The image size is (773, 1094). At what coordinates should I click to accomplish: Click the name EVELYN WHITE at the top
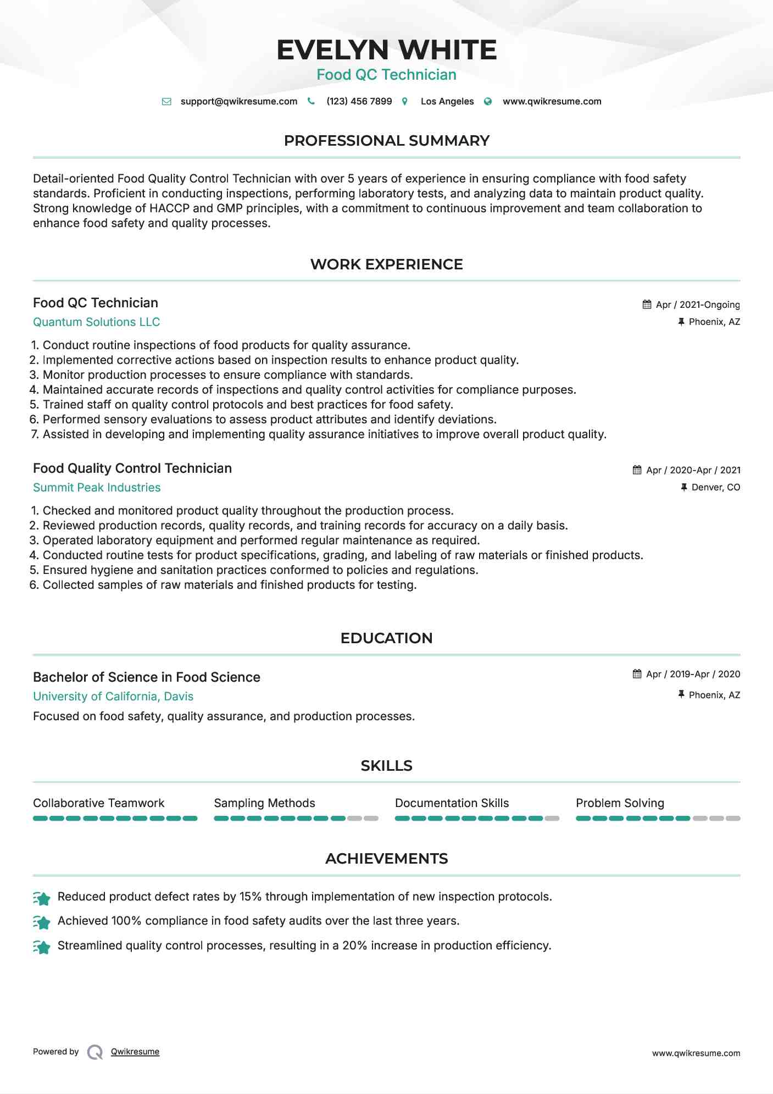click(x=386, y=50)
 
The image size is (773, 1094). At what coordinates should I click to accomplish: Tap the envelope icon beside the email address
click(x=166, y=102)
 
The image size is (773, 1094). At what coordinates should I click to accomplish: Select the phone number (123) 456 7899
click(x=359, y=102)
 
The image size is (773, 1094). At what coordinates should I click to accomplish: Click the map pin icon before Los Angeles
click(x=405, y=102)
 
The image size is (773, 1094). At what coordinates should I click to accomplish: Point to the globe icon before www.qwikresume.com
click(x=488, y=102)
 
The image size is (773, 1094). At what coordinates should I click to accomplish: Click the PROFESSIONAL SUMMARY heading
click(x=386, y=141)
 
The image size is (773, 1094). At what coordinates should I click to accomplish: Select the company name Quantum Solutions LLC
click(x=97, y=322)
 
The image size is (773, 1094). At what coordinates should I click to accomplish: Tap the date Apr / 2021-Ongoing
click(x=698, y=305)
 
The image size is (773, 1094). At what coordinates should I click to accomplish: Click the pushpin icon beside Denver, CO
click(x=684, y=488)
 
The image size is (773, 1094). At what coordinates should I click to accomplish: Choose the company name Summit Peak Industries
click(x=97, y=488)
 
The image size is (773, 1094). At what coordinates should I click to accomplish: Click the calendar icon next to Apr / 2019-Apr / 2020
click(x=637, y=674)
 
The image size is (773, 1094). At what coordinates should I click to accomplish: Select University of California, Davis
click(x=113, y=697)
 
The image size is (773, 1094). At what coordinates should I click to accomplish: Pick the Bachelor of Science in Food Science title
click(x=147, y=677)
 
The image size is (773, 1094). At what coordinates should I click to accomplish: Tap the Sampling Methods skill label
click(x=264, y=803)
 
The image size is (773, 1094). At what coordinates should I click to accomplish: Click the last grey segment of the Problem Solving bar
click(x=733, y=819)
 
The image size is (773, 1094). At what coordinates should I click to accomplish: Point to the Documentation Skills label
click(x=452, y=803)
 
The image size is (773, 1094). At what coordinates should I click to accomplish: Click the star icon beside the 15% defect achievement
click(x=42, y=898)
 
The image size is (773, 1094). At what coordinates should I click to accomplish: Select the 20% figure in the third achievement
click(x=354, y=946)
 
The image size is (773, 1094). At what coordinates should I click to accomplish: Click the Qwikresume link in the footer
click(x=135, y=1052)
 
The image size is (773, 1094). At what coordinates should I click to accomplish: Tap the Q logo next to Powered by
click(x=95, y=1052)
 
